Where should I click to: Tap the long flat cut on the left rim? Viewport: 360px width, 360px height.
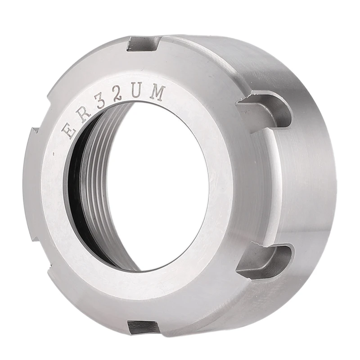pos(30,180)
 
